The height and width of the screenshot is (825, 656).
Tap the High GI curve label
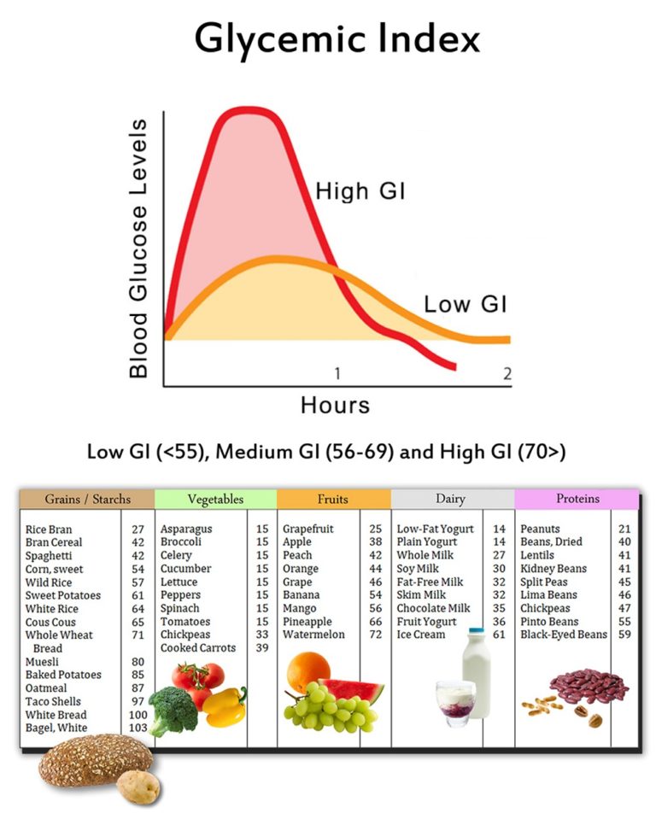point(360,191)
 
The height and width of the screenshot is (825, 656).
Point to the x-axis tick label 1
point(338,373)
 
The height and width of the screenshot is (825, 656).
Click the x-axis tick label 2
point(507,373)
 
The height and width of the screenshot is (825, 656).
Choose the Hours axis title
point(335,405)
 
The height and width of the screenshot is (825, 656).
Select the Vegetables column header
point(214,500)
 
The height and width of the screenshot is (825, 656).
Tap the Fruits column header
point(333,500)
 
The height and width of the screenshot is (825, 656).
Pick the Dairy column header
point(451,500)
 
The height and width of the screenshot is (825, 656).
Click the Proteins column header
point(577,499)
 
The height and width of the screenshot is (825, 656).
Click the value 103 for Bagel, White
point(136,728)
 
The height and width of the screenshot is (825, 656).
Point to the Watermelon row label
point(315,635)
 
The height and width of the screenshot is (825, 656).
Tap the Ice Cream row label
point(422,635)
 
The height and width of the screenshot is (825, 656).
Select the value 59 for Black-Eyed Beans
point(624,635)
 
